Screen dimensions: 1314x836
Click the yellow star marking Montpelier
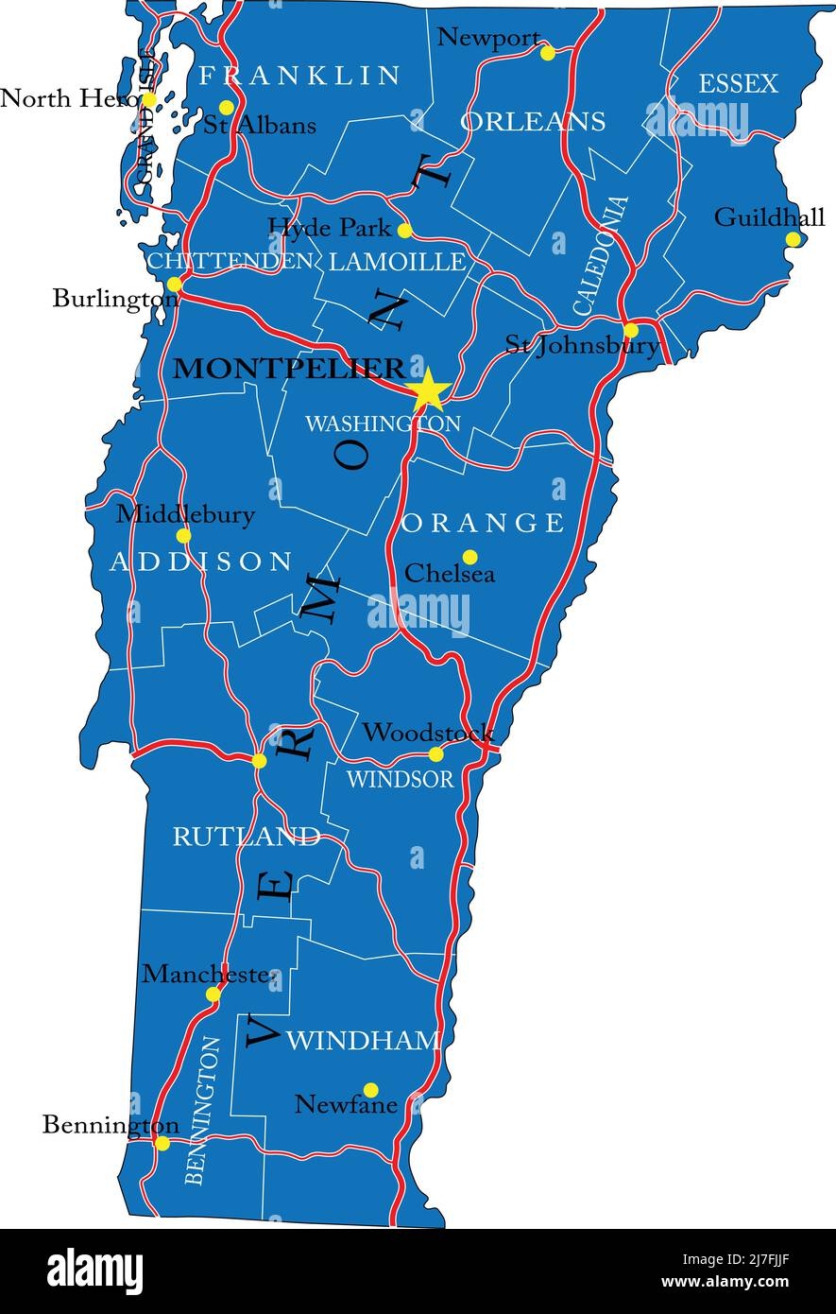(429, 389)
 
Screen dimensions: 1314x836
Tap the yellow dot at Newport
(548, 53)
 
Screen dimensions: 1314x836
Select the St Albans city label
(260, 125)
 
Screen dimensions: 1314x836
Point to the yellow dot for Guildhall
(793, 239)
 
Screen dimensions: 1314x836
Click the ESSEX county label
(738, 84)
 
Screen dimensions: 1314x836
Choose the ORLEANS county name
(533, 121)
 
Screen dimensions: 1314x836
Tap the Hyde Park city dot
(405, 231)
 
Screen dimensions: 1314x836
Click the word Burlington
(115, 300)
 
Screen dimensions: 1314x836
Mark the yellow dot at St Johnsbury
(631, 330)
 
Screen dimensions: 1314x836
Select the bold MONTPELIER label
(289, 369)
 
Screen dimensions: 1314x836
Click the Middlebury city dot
(184, 535)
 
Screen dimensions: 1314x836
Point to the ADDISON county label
(201, 562)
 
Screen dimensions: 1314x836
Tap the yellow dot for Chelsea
(469, 557)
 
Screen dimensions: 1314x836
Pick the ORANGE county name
(484, 523)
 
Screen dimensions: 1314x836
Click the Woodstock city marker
(435, 754)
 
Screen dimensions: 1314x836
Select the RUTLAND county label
(246, 837)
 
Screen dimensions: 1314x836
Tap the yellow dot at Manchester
(213, 994)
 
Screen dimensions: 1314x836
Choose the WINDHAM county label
(363, 1041)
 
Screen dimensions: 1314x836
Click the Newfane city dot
(371, 1090)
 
